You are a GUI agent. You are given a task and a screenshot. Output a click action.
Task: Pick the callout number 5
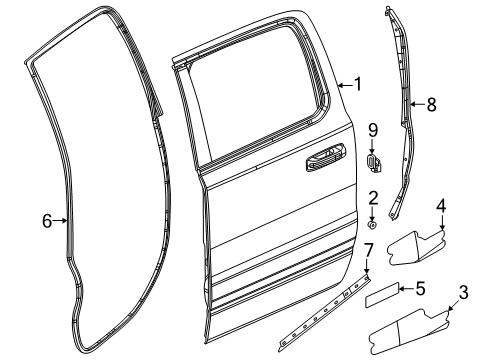(421, 291)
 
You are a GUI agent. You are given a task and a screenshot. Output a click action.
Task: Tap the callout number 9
(372, 129)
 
